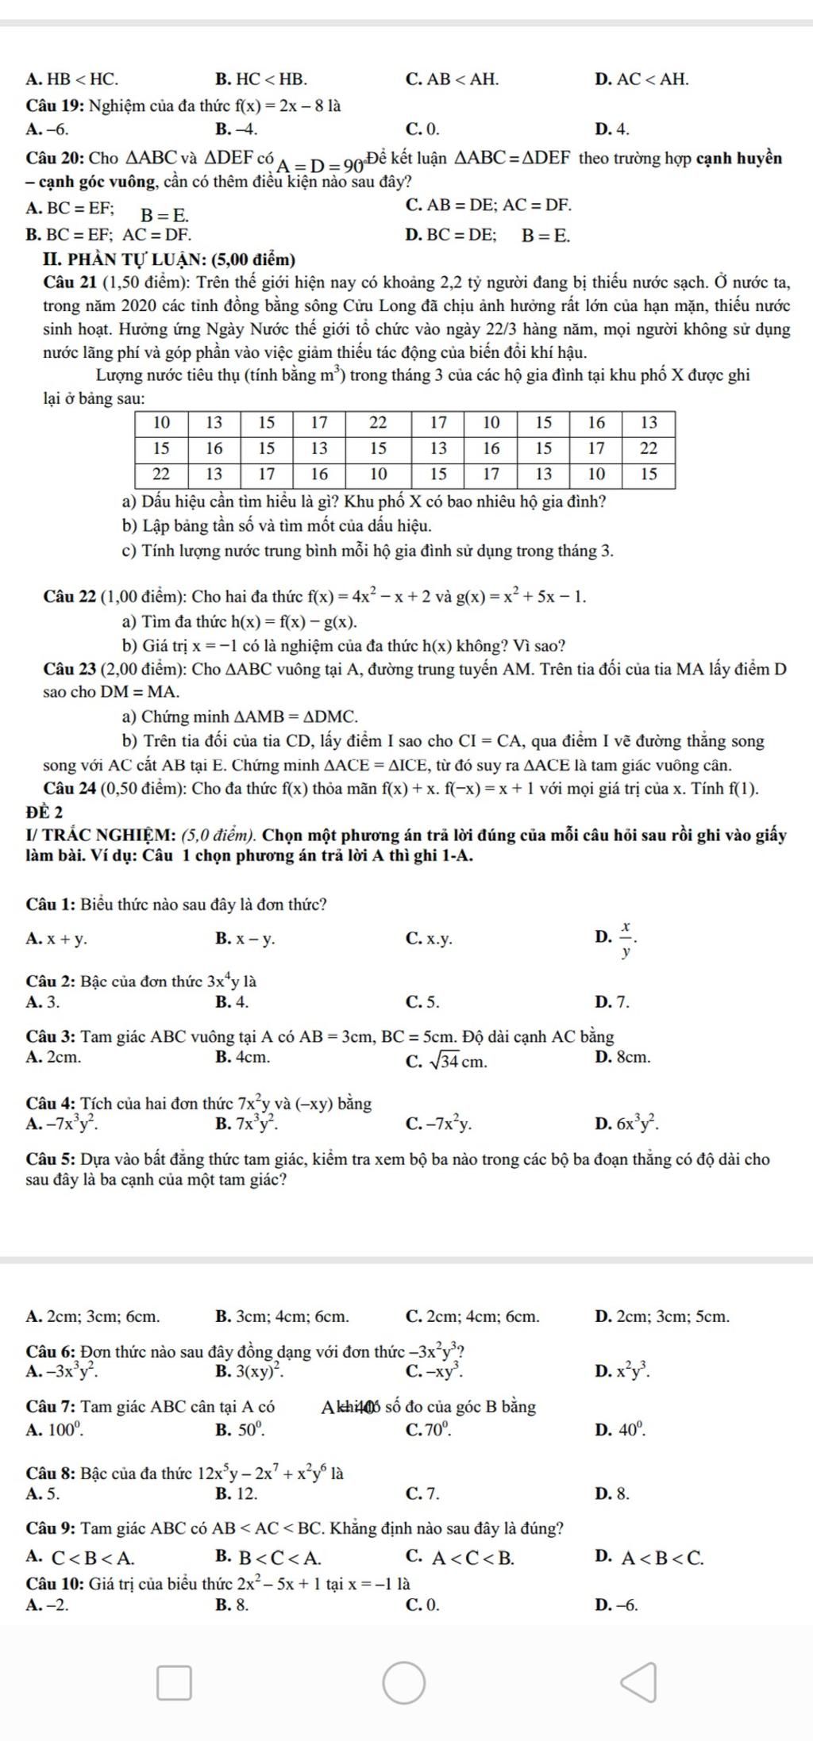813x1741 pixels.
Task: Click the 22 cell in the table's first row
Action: [378, 421]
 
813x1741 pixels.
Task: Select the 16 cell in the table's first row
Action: [596, 421]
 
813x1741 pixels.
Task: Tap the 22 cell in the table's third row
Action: [161, 474]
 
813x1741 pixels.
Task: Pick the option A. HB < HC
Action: [72, 79]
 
